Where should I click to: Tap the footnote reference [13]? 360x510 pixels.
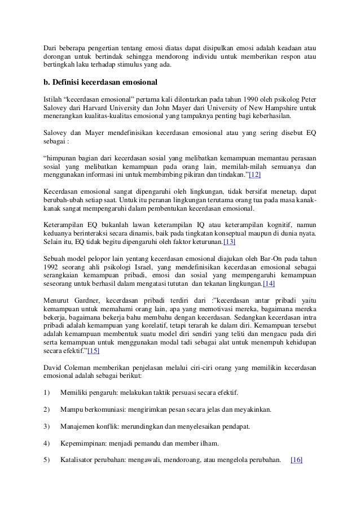point(230,242)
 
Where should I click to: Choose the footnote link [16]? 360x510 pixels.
point(296,459)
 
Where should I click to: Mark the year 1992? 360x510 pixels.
point(52,266)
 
